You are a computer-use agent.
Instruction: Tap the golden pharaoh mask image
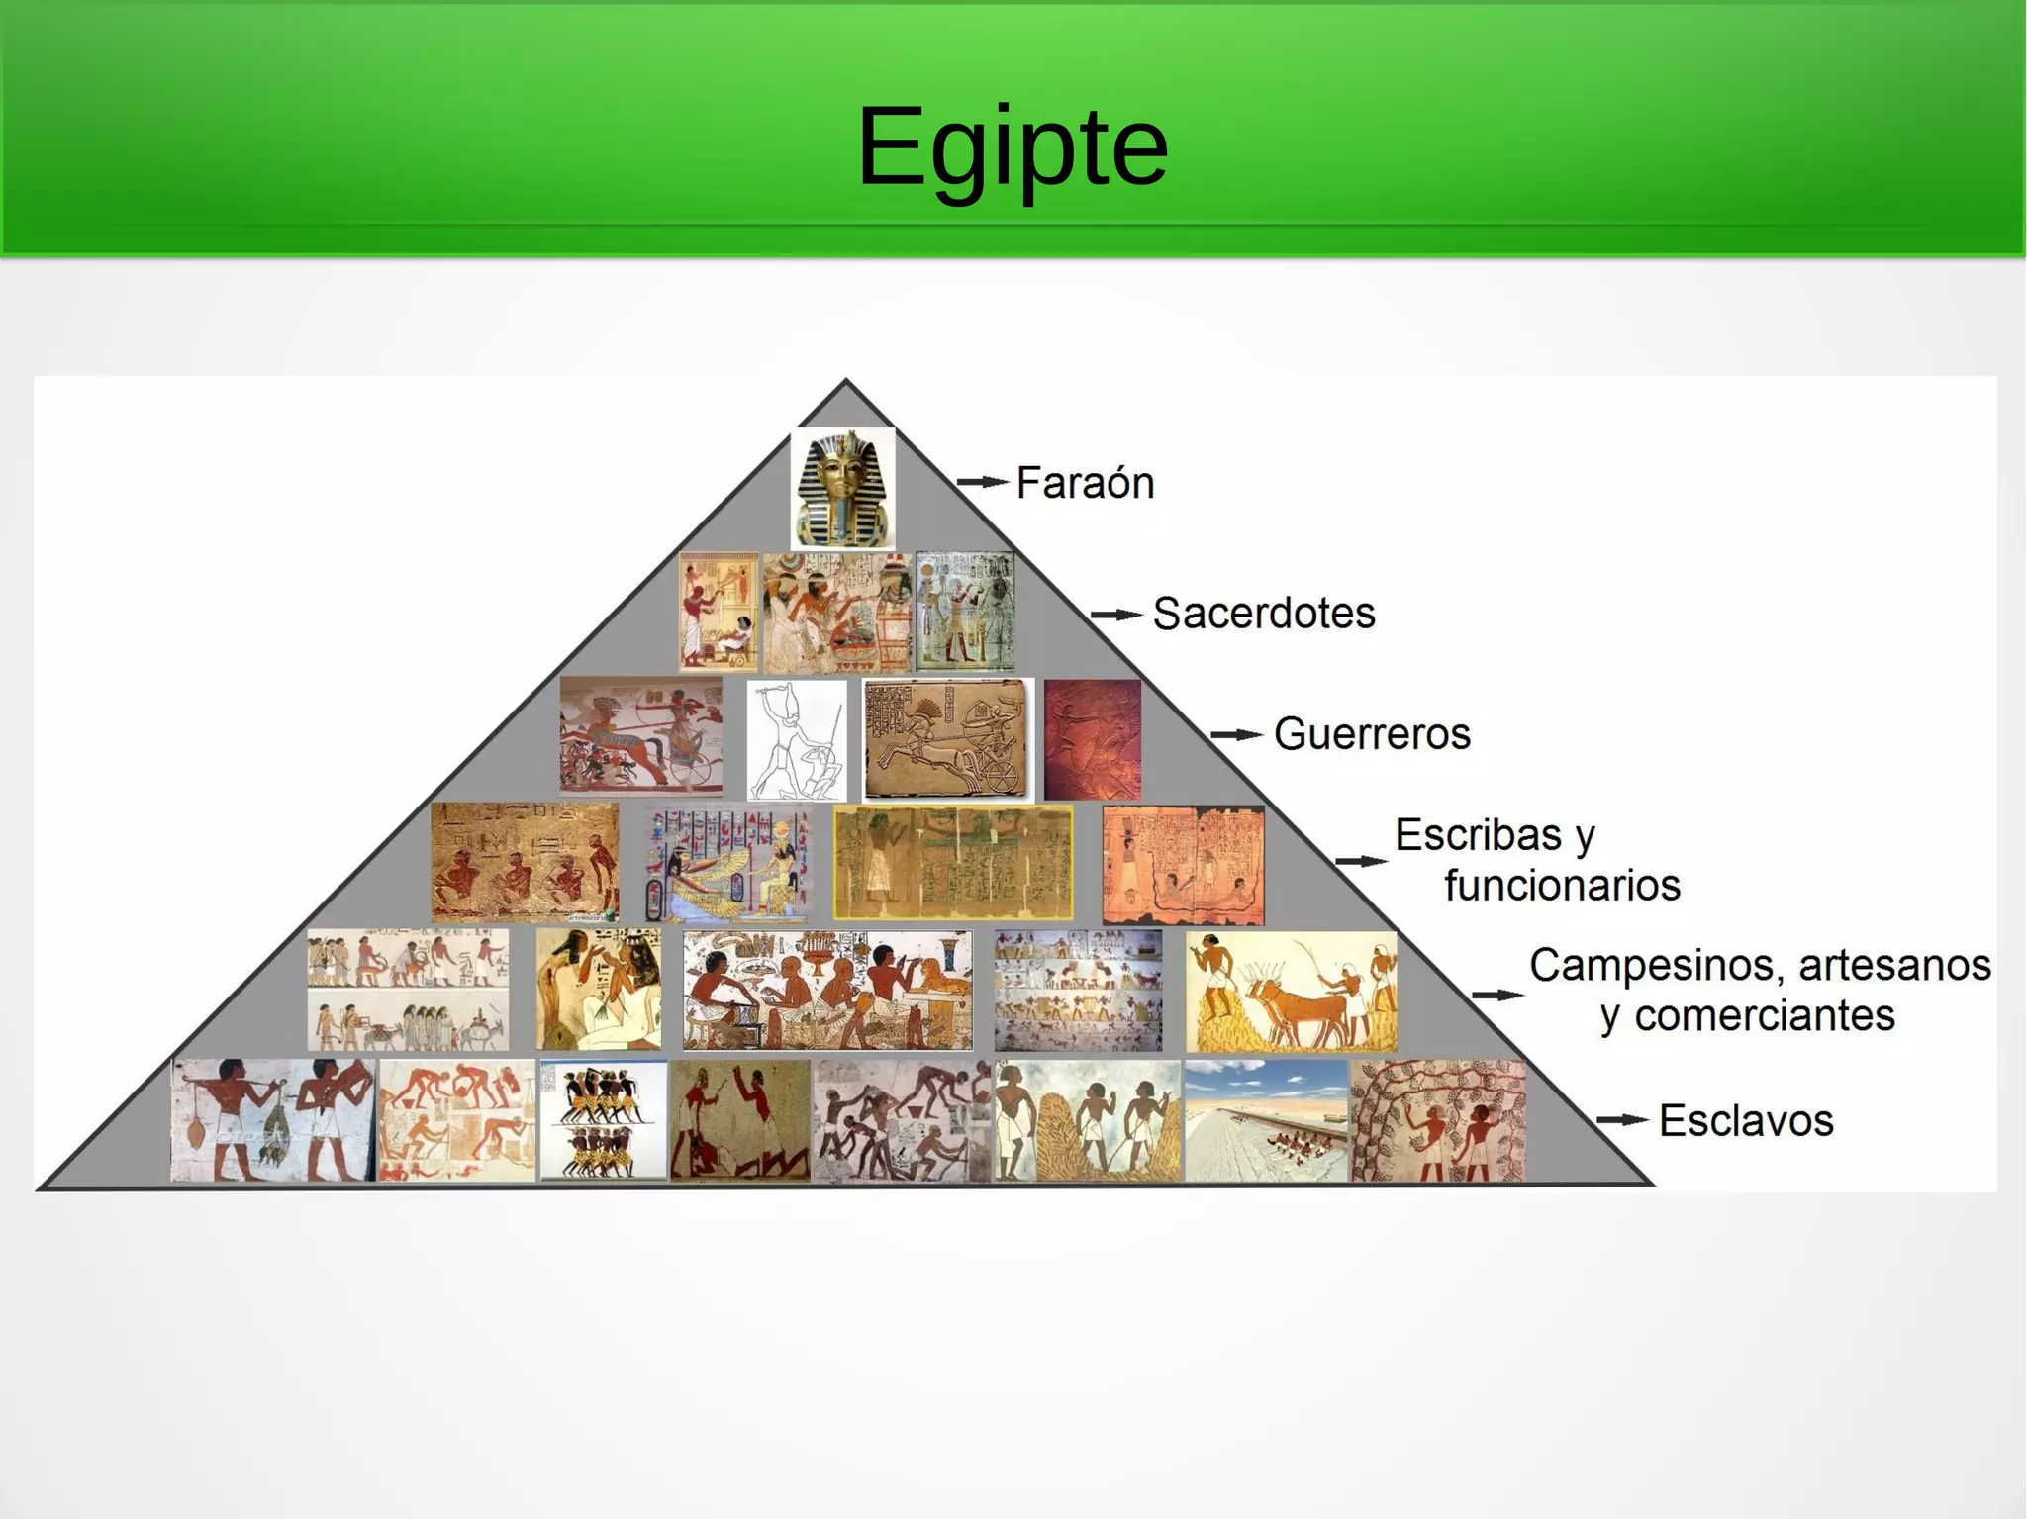tap(843, 489)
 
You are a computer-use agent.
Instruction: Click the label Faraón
tap(1085, 483)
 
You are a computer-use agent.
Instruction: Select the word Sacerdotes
tap(1263, 614)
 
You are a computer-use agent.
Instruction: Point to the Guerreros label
tap(1371, 734)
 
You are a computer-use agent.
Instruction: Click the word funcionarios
tap(1561, 885)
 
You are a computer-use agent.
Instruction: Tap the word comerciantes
tap(1764, 1016)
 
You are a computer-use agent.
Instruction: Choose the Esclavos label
tap(1745, 1121)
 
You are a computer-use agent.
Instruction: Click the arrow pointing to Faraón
tap(982, 483)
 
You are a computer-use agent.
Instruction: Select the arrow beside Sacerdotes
tap(1116, 615)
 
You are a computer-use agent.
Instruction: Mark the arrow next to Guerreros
tap(1236, 735)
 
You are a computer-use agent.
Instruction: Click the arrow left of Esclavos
tap(1622, 1120)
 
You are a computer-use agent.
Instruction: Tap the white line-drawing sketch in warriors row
tap(797, 739)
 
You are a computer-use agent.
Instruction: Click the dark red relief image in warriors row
tap(1093, 739)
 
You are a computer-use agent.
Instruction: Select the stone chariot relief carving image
tap(946, 739)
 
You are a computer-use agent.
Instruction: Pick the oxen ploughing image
tap(1291, 992)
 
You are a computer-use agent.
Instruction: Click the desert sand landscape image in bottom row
tap(1266, 1121)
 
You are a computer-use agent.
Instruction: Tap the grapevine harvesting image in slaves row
tap(1438, 1121)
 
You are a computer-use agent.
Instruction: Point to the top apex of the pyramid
tap(845, 383)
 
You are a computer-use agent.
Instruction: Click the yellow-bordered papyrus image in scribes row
tap(953, 863)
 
